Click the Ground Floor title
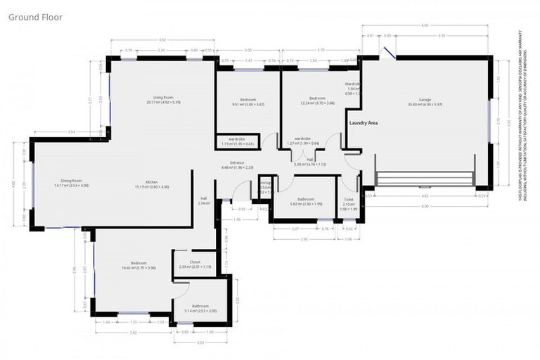click(35, 16)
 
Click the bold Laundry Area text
click(364, 123)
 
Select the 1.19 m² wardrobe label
click(237, 141)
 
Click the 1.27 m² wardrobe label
click(302, 141)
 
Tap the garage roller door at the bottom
click(425, 184)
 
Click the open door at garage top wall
click(385, 52)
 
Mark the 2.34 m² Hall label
click(204, 200)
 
